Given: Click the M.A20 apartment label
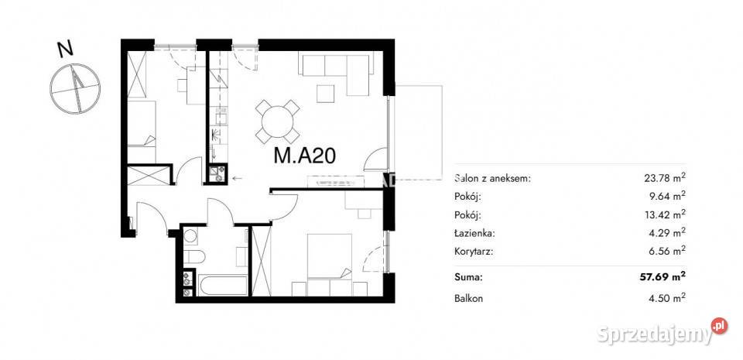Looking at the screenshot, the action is (305, 155).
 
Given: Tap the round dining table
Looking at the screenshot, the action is (278, 122).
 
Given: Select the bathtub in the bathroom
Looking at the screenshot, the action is (222, 285).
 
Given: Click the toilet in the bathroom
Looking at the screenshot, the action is (194, 257).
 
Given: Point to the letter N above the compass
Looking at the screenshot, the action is (65, 50).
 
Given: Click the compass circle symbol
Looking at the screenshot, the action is (75, 88).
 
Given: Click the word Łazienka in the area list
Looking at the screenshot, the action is (474, 233).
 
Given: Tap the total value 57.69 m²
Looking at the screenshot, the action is (663, 277).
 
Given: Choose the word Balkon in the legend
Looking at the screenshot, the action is (468, 299).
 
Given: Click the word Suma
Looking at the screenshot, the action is (468, 278).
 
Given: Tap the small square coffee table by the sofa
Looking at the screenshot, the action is (326, 94).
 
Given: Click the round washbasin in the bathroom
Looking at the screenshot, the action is (190, 236).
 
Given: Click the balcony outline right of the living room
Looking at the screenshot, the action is (416, 129).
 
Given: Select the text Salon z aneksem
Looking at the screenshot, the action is (492, 179).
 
